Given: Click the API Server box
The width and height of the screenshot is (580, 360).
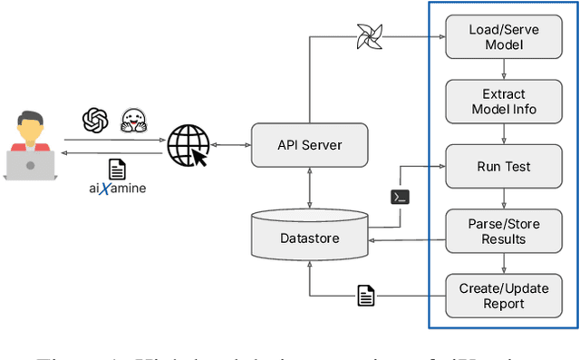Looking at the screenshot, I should click(309, 145).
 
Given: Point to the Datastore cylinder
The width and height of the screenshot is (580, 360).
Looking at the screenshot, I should click(309, 235).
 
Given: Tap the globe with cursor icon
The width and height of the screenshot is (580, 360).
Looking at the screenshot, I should click(188, 145).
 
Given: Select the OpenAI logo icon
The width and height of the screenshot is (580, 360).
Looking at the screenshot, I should click(95, 120).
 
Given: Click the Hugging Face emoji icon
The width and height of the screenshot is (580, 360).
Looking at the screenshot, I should click(135, 121).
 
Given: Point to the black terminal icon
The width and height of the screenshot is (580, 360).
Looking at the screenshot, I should click(400, 197).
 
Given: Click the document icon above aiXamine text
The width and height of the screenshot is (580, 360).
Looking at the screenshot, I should click(117, 169).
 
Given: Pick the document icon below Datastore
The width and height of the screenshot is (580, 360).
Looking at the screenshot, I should click(366, 295).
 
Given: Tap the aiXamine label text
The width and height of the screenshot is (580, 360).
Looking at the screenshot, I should click(118, 188).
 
